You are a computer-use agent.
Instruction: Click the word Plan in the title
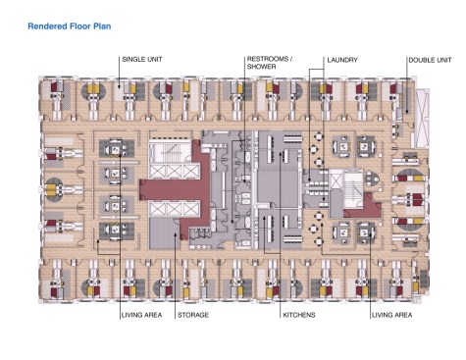(102, 26)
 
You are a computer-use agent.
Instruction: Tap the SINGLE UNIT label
(142, 60)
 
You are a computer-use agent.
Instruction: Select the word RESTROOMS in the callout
(268, 59)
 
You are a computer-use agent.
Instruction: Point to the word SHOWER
(261, 67)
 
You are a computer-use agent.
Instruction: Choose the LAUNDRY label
(342, 60)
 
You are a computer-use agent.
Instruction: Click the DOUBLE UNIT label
(430, 60)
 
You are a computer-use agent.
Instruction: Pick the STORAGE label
(193, 315)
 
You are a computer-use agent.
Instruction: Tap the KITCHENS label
(299, 315)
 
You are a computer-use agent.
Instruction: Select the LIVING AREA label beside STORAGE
(141, 315)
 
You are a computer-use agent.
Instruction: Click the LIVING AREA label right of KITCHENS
(391, 315)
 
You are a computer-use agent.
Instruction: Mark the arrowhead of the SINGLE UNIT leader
(119, 87)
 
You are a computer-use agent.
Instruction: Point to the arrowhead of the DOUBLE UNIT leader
(407, 112)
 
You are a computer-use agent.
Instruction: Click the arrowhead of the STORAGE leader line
(175, 234)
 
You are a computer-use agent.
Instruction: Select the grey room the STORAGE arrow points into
(164, 233)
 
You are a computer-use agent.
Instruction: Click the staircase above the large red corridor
(170, 152)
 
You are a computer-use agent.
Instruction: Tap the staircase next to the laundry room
(352, 188)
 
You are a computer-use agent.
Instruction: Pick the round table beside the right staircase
(372, 179)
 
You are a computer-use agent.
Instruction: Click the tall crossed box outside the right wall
(422, 119)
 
